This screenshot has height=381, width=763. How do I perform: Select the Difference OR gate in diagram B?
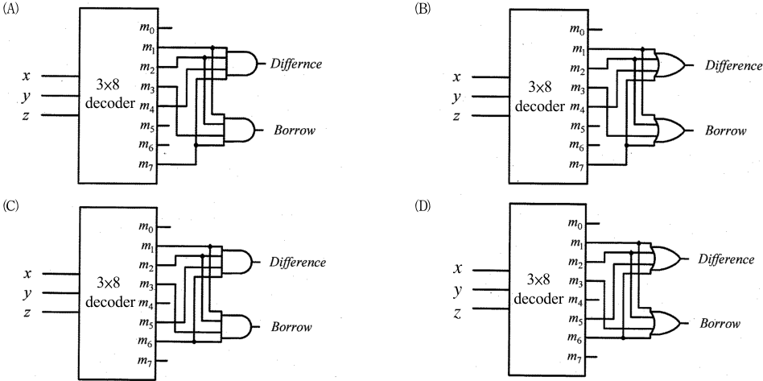point(671,64)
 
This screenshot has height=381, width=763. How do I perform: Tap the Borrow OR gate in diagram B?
point(671,131)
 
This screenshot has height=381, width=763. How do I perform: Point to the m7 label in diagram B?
point(577,166)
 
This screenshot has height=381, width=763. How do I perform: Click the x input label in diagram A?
point(27,76)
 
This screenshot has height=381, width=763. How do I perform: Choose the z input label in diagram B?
point(456,117)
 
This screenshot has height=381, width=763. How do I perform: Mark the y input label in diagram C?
point(27,294)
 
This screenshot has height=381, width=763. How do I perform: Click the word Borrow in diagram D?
point(720,324)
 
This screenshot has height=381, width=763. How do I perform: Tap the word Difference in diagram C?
point(297,262)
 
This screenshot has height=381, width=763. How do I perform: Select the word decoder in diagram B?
point(539,106)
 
